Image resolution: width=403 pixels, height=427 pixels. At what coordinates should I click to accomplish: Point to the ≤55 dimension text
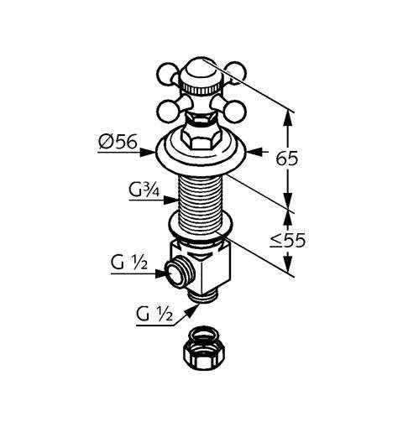(x=311, y=241)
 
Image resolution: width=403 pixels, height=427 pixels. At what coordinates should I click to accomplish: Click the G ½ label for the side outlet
(x=128, y=265)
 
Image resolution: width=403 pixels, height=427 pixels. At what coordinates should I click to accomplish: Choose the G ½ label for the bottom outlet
(x=154, y=315)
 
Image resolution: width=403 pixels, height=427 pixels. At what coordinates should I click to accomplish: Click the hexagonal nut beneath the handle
(x=200, y=139)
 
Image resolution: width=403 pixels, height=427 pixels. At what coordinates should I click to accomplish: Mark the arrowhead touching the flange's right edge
(x=253, y=154)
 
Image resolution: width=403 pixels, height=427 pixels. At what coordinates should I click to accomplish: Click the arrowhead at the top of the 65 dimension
(x=289, y=115)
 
